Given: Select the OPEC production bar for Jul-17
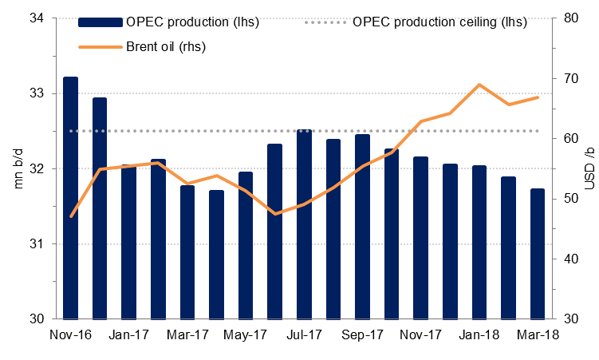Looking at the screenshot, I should pos(304,224).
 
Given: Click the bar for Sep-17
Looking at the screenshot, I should pos(362,227).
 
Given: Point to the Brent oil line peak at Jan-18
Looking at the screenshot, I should pos(479,85).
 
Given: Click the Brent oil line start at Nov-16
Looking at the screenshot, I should pos(71,216).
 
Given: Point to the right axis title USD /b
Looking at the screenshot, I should pos(589,168).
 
